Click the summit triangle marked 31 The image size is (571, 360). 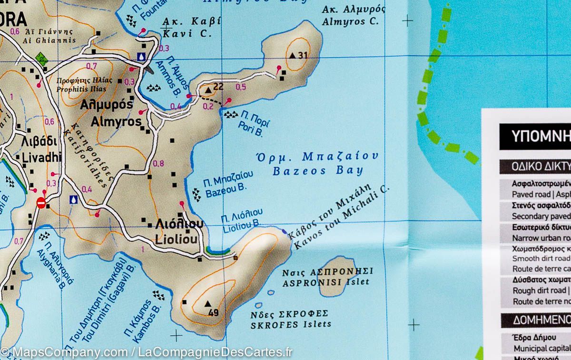point(292,55)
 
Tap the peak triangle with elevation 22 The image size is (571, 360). point(207,90)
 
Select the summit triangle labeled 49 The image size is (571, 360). point(207,303)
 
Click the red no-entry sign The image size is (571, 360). point(41,203)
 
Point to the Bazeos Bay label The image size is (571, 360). point(317,170)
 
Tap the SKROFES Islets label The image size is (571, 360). point(291,325)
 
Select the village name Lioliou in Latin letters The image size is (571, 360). point(177,241)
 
